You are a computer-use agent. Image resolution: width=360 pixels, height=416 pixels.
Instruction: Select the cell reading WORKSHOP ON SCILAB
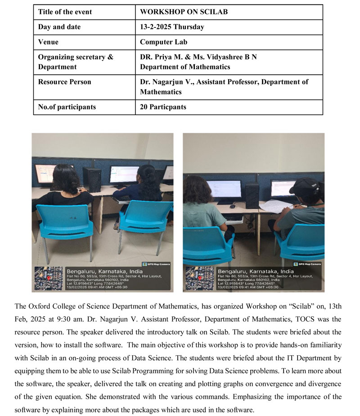click(184, 12)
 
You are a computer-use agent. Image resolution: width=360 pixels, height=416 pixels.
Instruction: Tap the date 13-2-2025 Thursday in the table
click(172, 27)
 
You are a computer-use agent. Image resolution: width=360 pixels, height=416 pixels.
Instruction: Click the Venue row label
click(48, 42)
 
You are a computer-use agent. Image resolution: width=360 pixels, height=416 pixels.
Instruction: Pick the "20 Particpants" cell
click(163, 107)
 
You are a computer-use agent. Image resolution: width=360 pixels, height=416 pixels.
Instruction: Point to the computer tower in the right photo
click(252, 195)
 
